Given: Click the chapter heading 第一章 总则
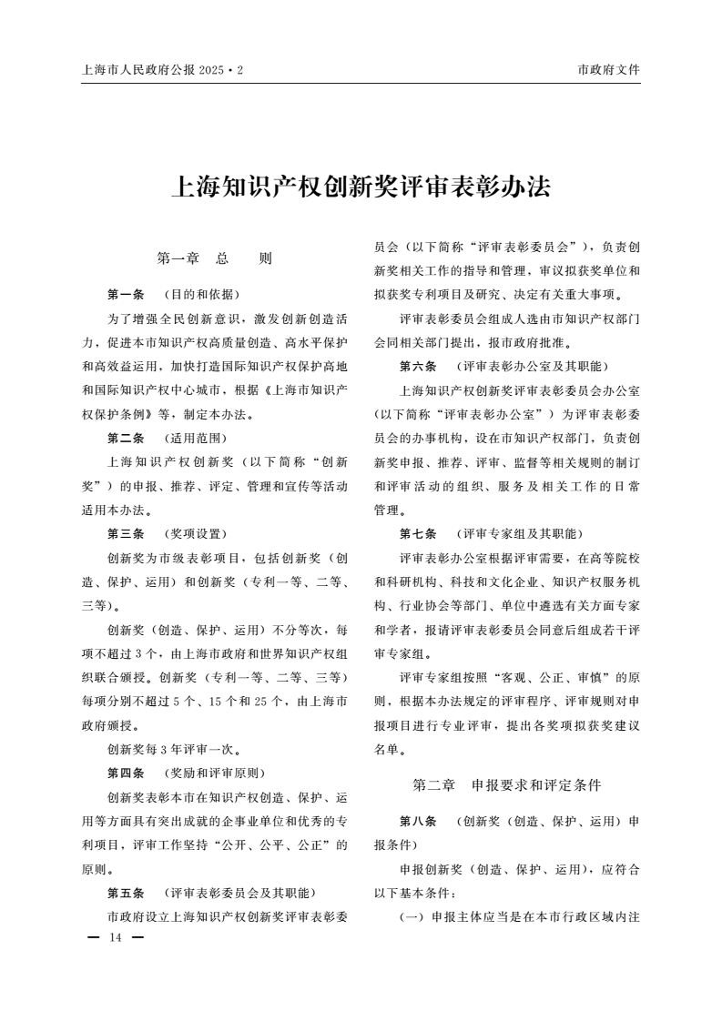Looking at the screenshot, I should [x=214, y=258].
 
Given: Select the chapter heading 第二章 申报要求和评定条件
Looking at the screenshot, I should [x=506, y=783].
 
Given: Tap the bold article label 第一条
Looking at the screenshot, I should [x=126, y=294].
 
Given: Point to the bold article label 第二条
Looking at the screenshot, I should [x=126, y=438].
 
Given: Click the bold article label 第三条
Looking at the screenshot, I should [x=126, y=533].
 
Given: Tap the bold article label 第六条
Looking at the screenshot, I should [x=418, y=366].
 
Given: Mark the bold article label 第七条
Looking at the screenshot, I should [x=418, y=533].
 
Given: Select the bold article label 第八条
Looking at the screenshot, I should [x=418, y=821].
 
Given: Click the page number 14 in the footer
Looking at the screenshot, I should [x=115, y=937].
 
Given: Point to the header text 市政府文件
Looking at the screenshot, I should [x=608, y=70].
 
